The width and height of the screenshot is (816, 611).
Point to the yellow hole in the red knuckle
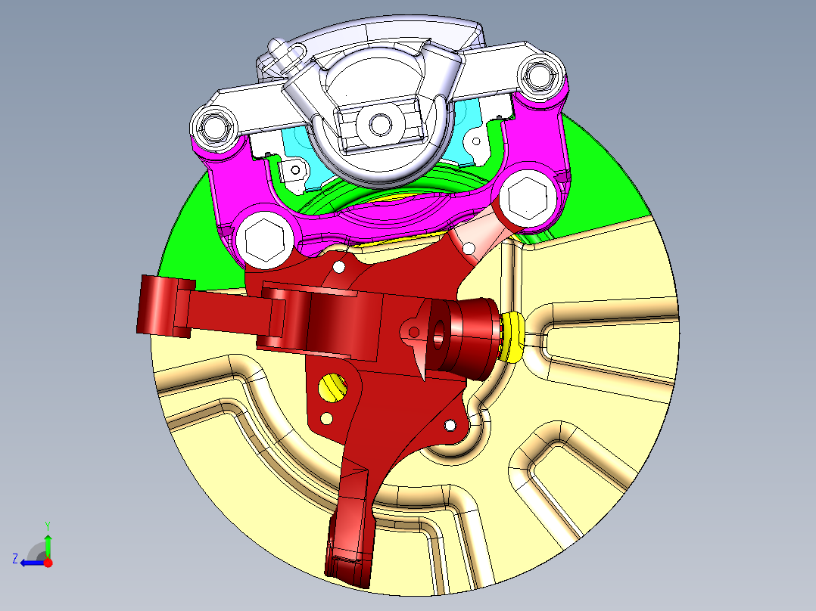(332, 388)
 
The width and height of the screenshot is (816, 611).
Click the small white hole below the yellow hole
(327, 418)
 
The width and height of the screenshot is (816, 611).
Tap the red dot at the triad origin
(48, 563)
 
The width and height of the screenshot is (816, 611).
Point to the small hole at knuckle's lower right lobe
(450, 426)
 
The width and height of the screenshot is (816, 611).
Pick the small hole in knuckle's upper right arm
(469, 247)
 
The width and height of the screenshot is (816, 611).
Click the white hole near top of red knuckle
(338, 267)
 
